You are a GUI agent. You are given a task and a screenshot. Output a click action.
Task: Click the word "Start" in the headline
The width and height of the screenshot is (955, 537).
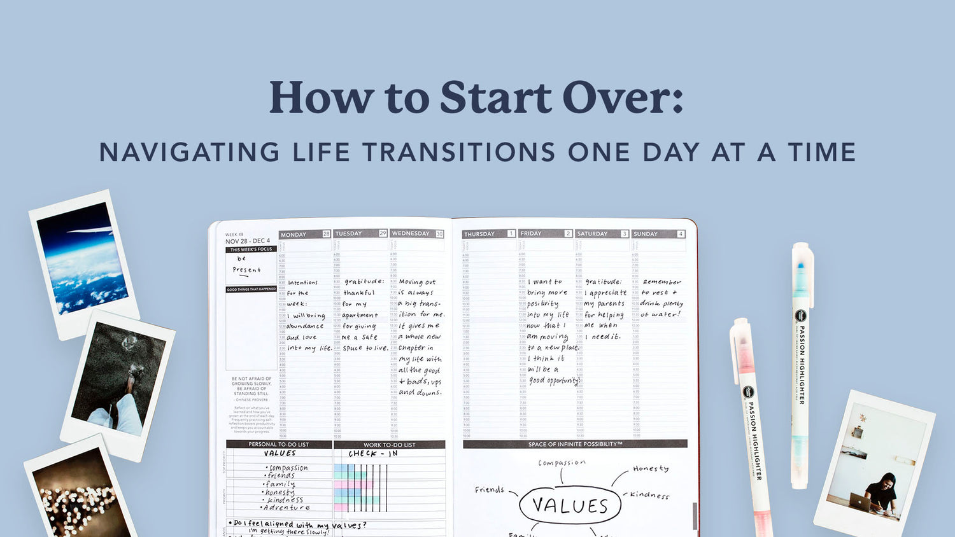click(x=495, y=99)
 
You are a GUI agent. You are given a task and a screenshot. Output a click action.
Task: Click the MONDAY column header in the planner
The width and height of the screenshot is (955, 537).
click(x=294, y=235)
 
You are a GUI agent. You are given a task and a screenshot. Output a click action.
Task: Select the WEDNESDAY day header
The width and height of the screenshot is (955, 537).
click(x=411, y=234)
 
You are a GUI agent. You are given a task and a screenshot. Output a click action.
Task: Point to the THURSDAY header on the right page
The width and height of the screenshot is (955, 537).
click(x=479, y=234)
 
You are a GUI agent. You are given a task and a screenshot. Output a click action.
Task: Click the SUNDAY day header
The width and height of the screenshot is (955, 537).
click(x=646, y=234)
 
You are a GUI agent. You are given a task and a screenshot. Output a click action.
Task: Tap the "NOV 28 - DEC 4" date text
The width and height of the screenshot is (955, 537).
click(x=248, y=241)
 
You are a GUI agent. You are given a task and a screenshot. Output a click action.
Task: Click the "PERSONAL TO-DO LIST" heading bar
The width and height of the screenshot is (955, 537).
click(x=279, y=444)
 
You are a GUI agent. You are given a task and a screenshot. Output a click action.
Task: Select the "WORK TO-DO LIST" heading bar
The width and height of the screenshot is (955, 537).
click(x=389, y=445)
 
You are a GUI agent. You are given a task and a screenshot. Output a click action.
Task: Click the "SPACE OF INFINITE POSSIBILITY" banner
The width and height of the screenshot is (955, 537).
click(x=575, y=444)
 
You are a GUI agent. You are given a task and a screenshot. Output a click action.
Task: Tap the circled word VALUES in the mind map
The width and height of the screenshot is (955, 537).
click(x=570, y=506)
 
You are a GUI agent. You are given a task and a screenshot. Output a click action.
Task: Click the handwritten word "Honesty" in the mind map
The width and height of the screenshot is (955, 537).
click(x=651, y=468)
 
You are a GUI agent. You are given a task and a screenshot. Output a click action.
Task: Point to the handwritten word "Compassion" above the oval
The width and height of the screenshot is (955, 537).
click(x=562, y=463)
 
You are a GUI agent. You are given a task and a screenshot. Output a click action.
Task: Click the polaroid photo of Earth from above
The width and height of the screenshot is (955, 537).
click(x=83, y=258)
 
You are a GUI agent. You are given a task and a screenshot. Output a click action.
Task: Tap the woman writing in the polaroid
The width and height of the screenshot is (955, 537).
click(x=882, y=492)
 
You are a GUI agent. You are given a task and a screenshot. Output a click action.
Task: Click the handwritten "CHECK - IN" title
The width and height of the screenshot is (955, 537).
click(x=373, y=454)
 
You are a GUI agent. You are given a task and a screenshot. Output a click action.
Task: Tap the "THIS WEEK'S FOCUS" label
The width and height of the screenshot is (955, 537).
click(x=251, y=249)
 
